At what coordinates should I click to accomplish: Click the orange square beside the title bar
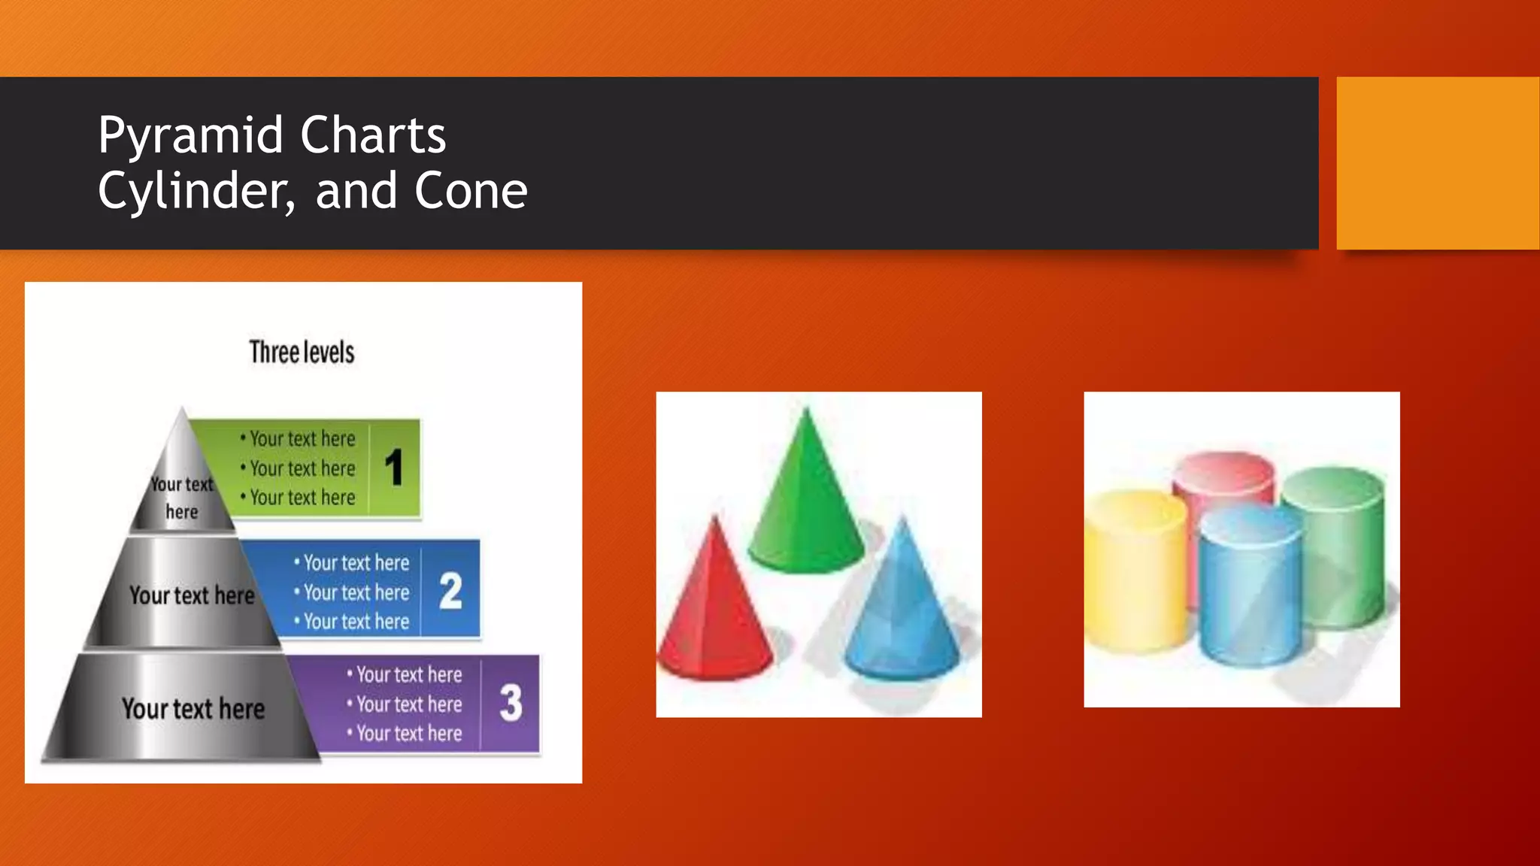coord(1437,163)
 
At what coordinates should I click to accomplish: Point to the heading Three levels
coord(302,352)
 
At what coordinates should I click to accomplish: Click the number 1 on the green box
coord(394,468)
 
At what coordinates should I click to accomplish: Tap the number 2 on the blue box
coord(450,591)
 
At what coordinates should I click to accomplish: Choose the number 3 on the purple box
coord(511,703)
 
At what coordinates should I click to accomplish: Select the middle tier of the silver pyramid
coord(184,594)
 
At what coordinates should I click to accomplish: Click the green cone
coord(806,504)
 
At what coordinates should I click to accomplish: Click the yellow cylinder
coord(1137,571)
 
